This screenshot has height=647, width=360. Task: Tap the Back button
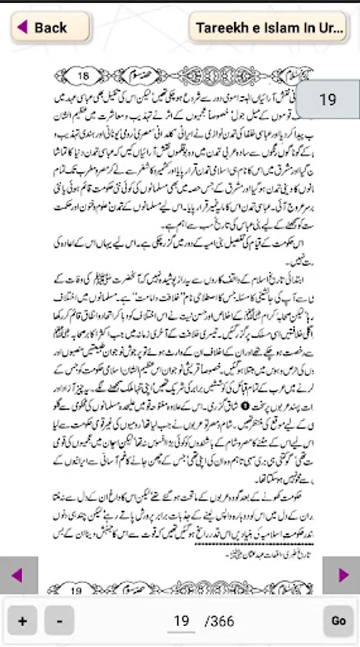(x=50, y=27)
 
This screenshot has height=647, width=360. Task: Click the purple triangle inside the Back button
(x=22, y=27)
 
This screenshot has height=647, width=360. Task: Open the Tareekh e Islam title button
(x=268, y=27)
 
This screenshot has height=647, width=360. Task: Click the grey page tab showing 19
(x=328, y=100)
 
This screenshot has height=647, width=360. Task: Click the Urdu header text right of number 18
(x=144, y=75)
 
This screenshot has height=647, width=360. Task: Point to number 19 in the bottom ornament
(x=77, y=591)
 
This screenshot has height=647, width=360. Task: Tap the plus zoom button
(x=22, y=620)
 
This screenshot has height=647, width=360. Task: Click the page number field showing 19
(x=182, y=620)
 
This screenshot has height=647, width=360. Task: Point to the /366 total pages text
(x=219, y=620)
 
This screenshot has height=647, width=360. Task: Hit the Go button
(x=338, y=620)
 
